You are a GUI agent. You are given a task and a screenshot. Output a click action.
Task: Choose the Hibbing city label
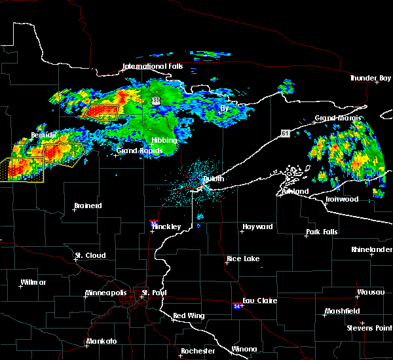coord(164,141)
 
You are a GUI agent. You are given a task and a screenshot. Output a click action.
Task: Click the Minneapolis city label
coord(109,293)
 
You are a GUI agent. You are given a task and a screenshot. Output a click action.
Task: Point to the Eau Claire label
coord(260,300)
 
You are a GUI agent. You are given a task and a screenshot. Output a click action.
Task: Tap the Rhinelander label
coord(372,249)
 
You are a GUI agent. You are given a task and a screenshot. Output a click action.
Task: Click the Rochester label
coord(198,351)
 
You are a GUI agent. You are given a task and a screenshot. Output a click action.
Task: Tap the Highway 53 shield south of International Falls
coord(156,100)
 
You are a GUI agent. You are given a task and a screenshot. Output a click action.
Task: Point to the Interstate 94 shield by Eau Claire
coord(236,305)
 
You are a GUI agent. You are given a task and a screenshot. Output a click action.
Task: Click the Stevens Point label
coord(371,327)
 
